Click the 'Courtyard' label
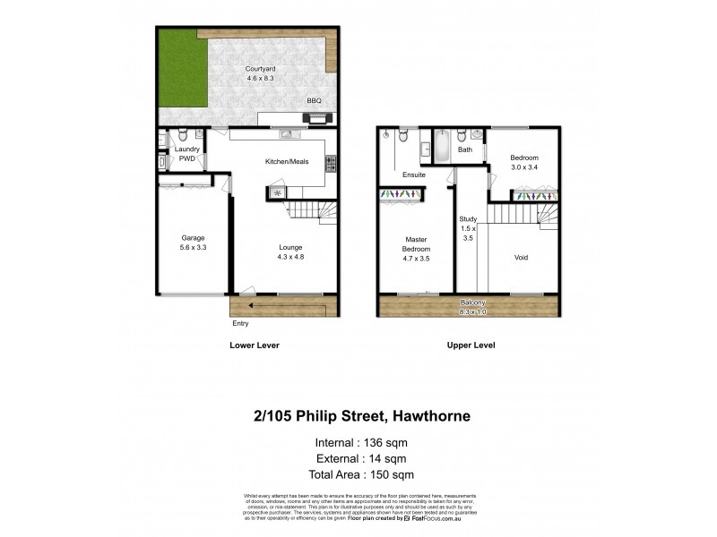click(261, 69)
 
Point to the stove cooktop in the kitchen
click(330, 163)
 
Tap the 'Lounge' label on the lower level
click(289, 247)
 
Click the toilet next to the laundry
click(182, 137)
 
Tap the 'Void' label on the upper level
click(521, 258)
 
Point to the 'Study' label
click(467, 218)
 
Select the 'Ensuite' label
click(413, 175)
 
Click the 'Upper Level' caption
click(471, 345)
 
